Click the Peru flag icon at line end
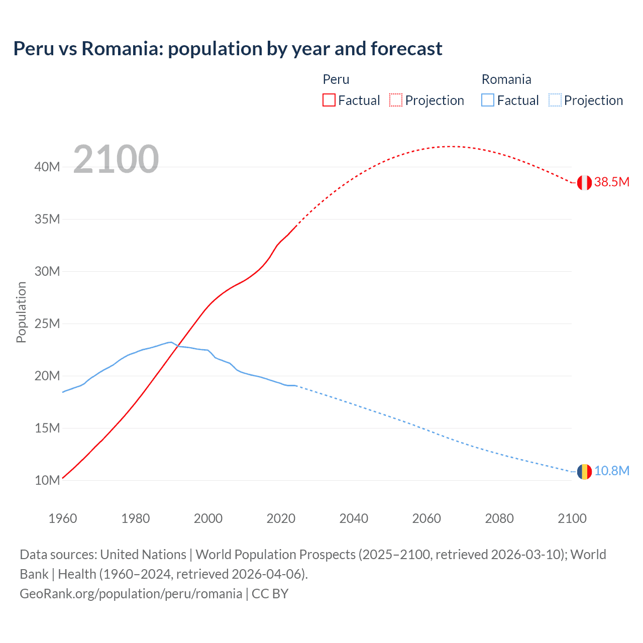coord(584,182)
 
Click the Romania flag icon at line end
coord(584,472)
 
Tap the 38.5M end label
coord(612,182)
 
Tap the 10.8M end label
coord(612,471)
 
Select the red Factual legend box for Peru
coord(329,100)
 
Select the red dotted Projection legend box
coord(396,100)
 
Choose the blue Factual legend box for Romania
coord(488,100)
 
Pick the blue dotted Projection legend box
coord(555,100)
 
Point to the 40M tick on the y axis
coord(47,167)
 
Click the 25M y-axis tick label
coord(47,324)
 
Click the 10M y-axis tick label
coord(47,480)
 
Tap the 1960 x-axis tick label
coord(63,518)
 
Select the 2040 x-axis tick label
coord(354,518)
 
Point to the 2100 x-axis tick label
coord(572,518)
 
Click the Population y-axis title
coord(21,312)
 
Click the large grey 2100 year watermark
coord(116,159)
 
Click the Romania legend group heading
coord(506,79)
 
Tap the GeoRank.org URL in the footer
coord(131,593)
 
